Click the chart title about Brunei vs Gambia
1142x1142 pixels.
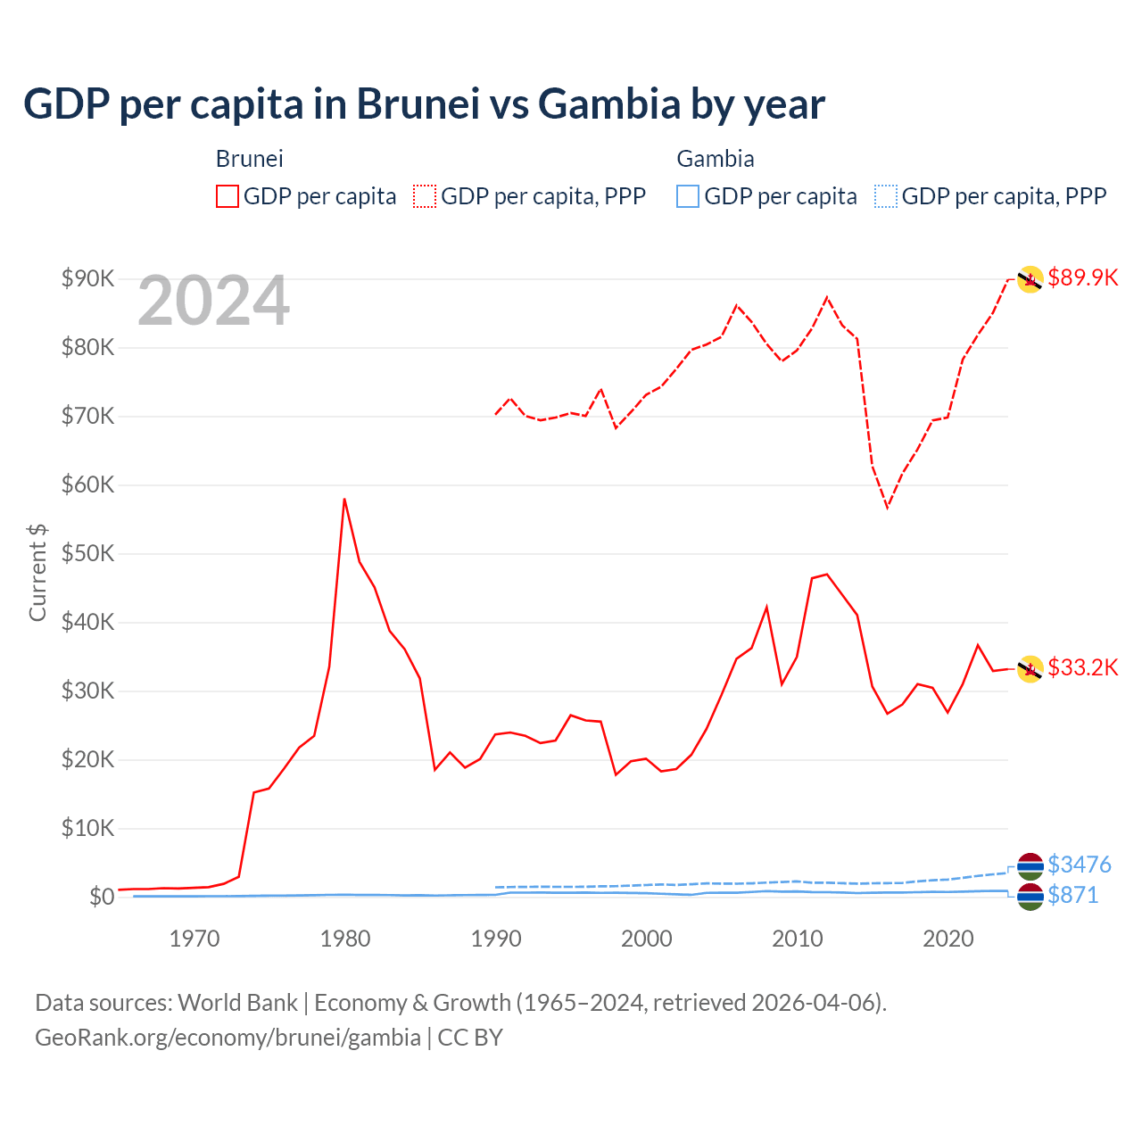[x=424, y=103]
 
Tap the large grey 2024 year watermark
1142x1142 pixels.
[x=213, y=301]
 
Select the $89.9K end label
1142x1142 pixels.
[x=1082, y=277]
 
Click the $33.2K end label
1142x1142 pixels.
[x=1082, y=667]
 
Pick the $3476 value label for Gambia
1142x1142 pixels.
[x=1079, y=865]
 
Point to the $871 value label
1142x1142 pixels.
[x=1072, y=895]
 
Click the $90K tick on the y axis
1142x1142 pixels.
[x=87, y=278]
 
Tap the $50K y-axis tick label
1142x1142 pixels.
[x=87, y=553]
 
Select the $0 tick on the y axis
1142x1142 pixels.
[x=102, y=897]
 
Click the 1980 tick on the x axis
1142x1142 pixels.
[x=345, y=939]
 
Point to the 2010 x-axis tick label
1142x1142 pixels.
[x=797, y=939]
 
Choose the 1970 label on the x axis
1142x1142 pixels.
[x=194, y=939]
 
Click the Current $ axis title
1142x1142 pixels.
[x=37, y=573]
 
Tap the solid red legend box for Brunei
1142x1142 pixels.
[x=228, y=196]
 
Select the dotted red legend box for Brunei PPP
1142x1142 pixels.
[x=425, y=196]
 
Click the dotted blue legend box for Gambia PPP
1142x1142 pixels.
[x=885, y=196]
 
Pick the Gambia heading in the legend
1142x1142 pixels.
[x=716, y=159]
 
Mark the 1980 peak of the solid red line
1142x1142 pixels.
[x=344, y=500]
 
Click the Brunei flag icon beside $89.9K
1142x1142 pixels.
[x=1030, y=279]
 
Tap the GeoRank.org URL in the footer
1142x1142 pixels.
[x=228, y=1038]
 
